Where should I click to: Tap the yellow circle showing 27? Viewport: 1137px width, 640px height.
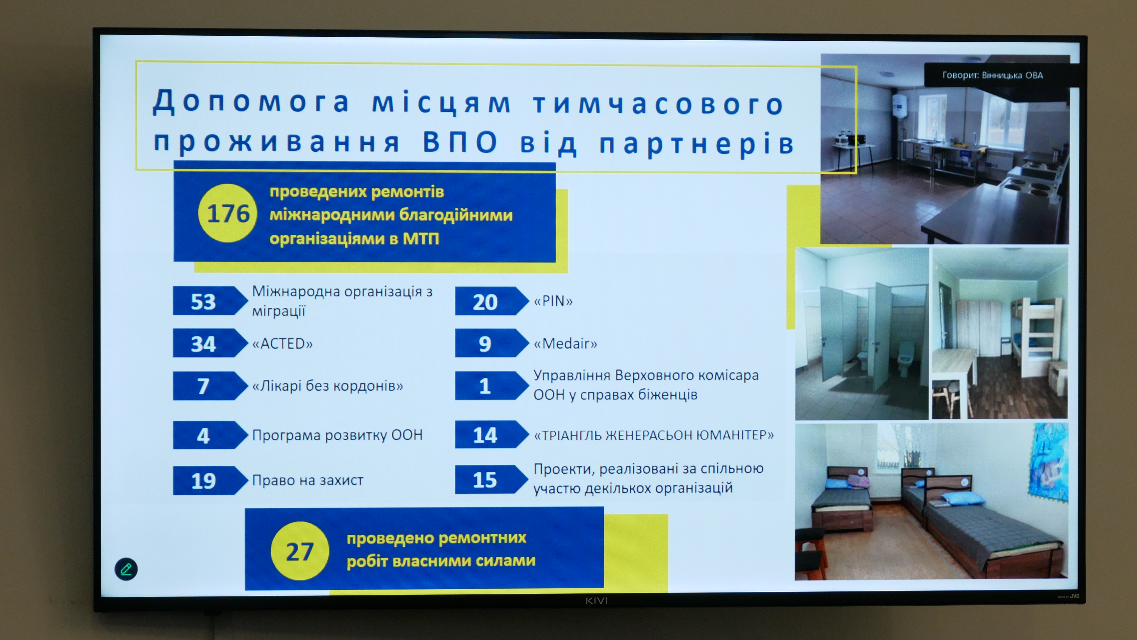pos(300,551)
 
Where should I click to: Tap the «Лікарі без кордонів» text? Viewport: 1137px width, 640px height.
pos(328,386)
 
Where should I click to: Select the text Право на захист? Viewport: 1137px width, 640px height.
pos(308,480)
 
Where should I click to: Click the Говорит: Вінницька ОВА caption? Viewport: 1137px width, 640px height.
pos(993,75)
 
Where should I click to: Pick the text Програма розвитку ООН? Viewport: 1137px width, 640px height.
pos(337,435)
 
